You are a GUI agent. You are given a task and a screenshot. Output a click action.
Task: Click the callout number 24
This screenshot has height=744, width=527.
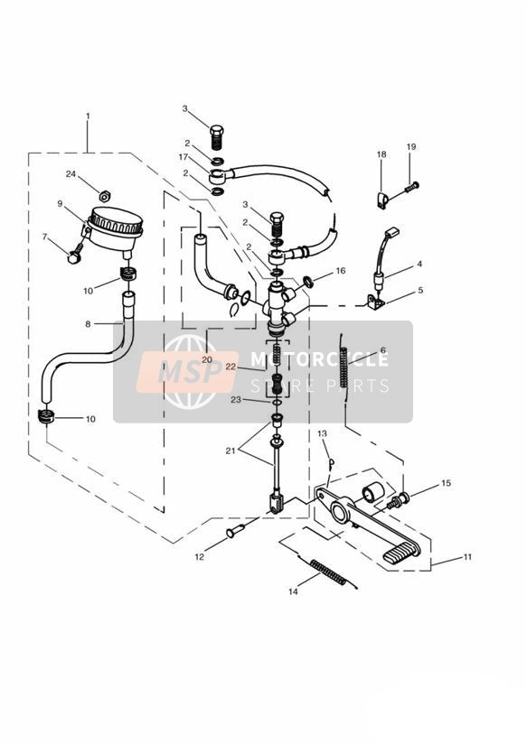pyautogui.click(x=71, y=174)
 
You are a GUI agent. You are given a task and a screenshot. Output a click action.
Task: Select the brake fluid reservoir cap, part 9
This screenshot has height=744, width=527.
pyautogui.click(x=116, y=220)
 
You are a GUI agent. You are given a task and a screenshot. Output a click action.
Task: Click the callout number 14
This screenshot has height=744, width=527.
pyautogui.click(x=293, y=591)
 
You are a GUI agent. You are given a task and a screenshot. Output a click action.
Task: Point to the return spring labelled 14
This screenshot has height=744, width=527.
pyautogui.click(x=330, y=572)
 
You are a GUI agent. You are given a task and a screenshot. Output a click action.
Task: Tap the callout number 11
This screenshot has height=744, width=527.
pyautogui.click(x=467, y=556)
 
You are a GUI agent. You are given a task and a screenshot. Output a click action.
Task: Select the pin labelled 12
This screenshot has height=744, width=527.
pyautogui.click(x=236, y=531)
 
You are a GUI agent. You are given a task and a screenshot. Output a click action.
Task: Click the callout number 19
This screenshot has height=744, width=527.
pyautogui.click(x=411, y=146)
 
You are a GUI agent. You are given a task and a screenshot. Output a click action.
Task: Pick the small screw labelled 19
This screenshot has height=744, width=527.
pyautogui.click(x=411, y=187)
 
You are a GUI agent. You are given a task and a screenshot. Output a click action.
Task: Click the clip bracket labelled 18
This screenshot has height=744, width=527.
pyautogui.click(x=381, y=200)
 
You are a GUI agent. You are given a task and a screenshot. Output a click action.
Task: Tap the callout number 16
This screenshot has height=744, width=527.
pyautogui.click(x=340, y=271)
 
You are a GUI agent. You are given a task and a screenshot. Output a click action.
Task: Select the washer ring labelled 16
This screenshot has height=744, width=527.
pyautogui.click(x=308, y=282)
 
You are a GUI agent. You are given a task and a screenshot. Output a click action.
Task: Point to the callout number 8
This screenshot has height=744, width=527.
pyautogui.click(x=88, y=324)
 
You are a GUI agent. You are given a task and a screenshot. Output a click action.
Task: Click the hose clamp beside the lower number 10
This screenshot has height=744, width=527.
pyautogui.click(x=46, y=416)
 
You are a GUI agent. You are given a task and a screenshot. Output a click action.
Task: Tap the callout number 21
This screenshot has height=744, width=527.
pyautogui.click(x=231, y=451)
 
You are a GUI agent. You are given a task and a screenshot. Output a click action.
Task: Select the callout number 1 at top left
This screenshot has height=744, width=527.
pyautogui.click(x=88, y=116)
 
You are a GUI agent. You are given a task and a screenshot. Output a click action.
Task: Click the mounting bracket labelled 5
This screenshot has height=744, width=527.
pyautogui.click(x=375, y=302)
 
